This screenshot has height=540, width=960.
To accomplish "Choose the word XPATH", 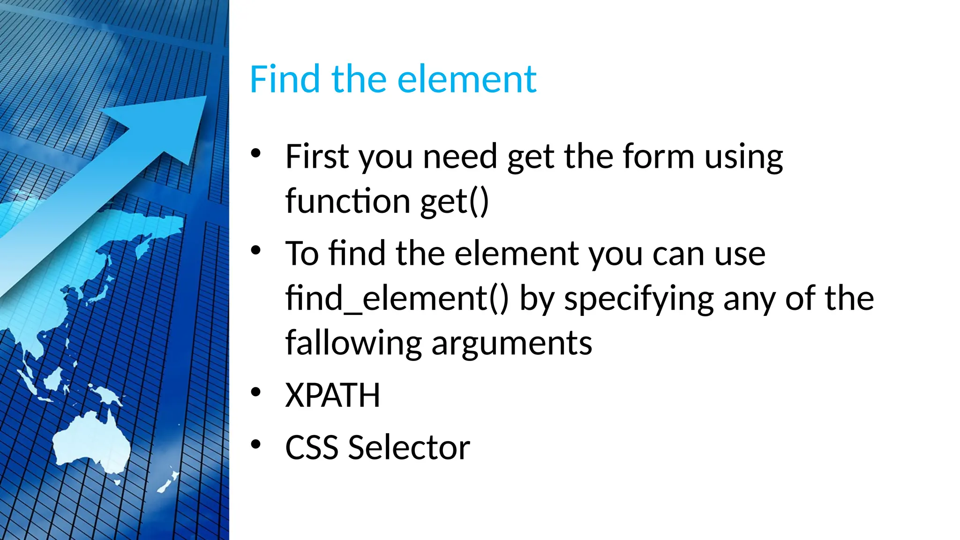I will pyautogui.click(x=332, y=396).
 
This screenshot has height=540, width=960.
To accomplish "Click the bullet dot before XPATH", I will pyautogui.click(x=255, y=391).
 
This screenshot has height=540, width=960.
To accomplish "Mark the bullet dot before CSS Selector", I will pyautogui.click(x=255, y=443).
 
